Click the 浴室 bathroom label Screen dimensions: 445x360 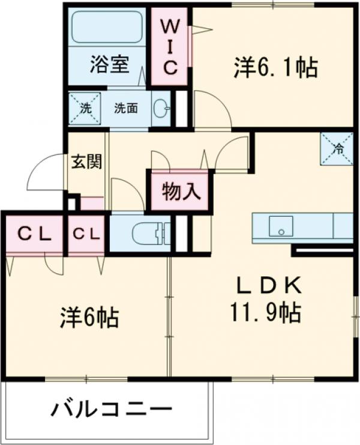(109, 64)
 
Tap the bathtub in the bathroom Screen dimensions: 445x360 (107, 28)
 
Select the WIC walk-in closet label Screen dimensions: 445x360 (170, 47)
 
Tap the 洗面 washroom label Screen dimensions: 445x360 (126, 108)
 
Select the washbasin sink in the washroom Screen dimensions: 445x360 (161, 109)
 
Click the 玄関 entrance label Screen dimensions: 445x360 (86, 161)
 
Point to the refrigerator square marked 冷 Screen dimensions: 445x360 (336, 148)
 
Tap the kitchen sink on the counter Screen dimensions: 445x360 (278, 227)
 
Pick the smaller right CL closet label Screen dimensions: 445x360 (88, 234)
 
